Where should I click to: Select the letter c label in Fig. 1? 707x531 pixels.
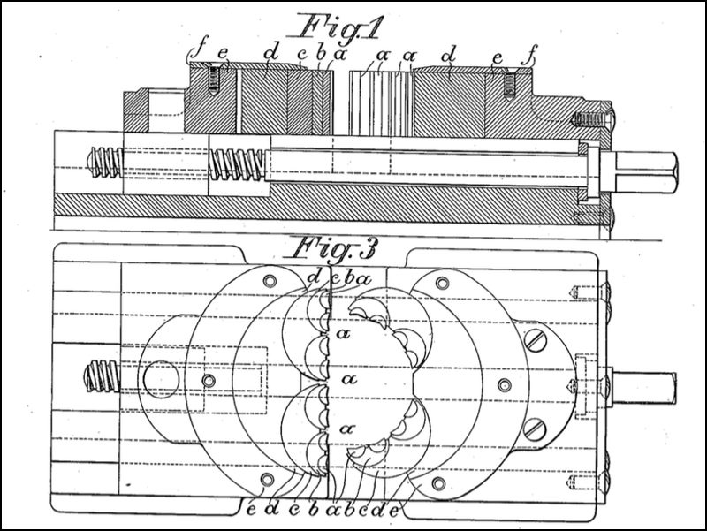(x=303, y=55)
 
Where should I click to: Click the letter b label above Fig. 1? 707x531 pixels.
(x=321, y=54)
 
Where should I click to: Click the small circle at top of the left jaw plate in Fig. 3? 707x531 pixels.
(x=270, y=281)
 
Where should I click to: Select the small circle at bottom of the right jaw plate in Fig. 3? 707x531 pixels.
(x=438, y=483)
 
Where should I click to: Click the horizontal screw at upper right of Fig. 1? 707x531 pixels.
(x=591, y=119)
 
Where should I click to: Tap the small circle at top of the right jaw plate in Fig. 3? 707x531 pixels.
(x=441, y=284)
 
